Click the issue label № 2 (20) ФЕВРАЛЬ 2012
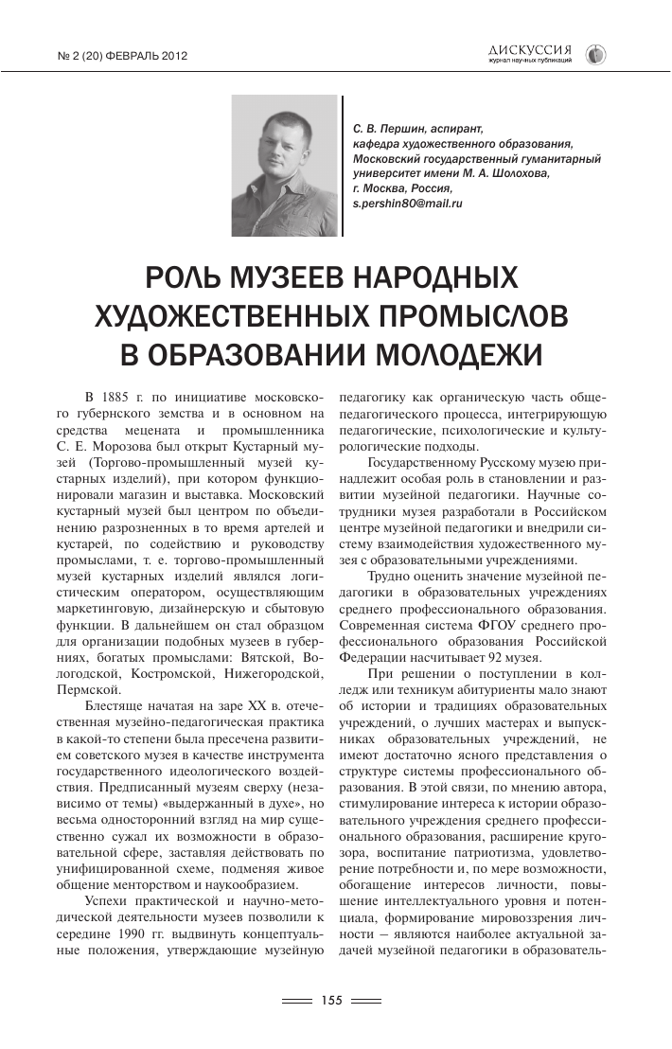[x=123, y=56]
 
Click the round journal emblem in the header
[x=595, y=55]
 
